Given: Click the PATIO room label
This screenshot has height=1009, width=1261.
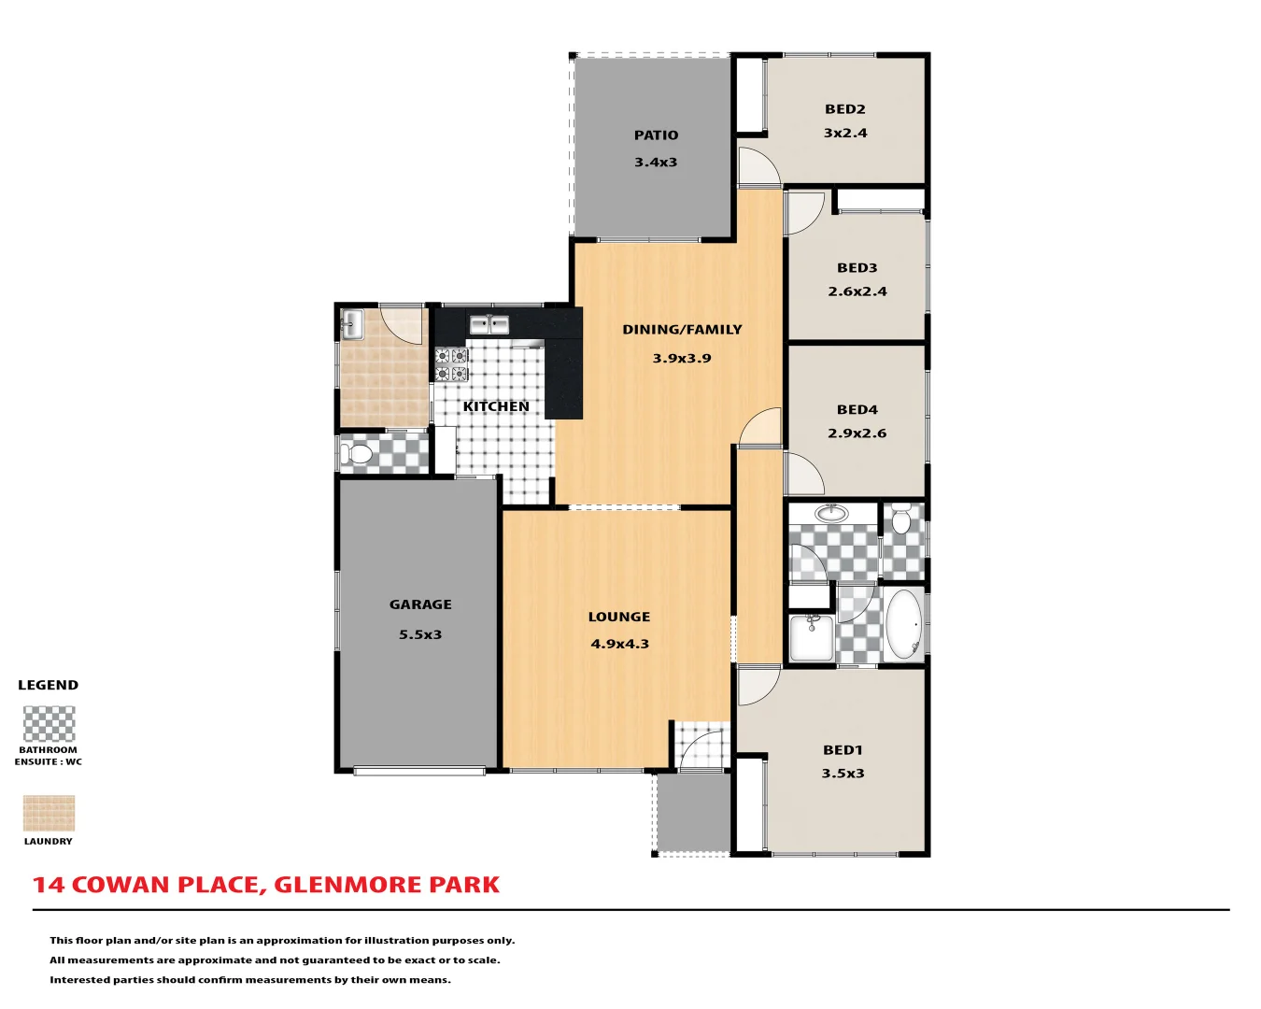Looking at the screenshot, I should [656, 135].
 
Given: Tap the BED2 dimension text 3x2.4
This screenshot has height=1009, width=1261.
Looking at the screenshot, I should [845, 133].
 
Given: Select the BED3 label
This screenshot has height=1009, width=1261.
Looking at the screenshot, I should [857, 268].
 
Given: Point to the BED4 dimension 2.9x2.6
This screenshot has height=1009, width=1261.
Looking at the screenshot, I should [857, 433].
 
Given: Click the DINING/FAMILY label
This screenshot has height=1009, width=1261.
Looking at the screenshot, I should [682, 330].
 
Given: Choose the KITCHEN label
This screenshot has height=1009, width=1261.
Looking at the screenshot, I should [496, 406].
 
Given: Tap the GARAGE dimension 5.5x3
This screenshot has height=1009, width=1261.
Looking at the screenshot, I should [420, 634].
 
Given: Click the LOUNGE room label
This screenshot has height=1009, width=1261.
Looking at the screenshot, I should [619, 617].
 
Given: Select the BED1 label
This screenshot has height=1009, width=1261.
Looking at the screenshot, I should [843, 750].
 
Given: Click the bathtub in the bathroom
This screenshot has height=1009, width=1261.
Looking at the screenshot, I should [903, 624].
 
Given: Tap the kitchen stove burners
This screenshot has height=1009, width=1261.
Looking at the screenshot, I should [451, 365].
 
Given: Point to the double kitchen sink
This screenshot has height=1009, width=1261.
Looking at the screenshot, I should [489, 324].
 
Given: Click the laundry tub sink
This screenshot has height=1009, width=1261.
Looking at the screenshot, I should [352, 324].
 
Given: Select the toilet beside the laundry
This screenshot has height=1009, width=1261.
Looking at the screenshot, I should [357, 455].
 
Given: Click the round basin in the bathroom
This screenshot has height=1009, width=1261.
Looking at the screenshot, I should [830, 513].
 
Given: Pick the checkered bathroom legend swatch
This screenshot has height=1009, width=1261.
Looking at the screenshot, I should [49, 724].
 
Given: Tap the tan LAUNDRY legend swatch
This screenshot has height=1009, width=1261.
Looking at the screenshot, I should [49, 814].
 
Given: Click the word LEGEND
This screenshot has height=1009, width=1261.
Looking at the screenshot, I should [49, 685].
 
